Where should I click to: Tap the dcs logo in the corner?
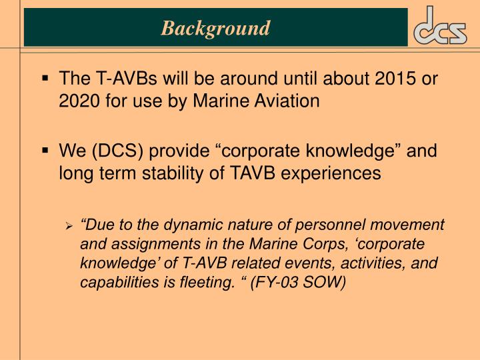[x=441, y=28]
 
